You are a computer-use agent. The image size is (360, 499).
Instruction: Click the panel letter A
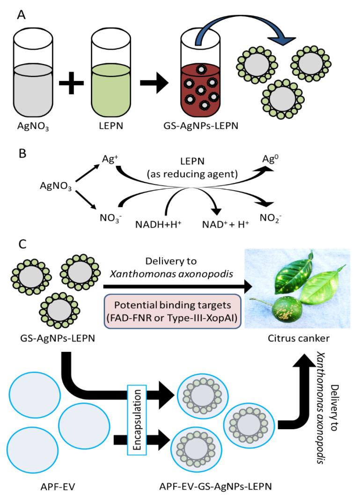point(22,15)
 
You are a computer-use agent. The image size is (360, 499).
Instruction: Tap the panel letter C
point(22,244)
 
